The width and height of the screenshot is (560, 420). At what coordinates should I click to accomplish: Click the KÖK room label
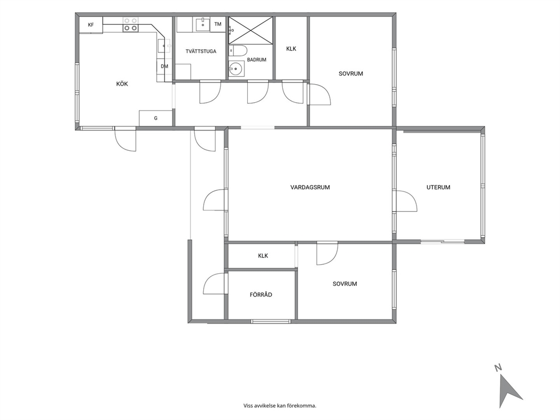(122, 84)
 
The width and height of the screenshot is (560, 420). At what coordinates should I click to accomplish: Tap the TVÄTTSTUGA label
(201, 51)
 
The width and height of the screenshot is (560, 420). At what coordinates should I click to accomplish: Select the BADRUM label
(256, 60)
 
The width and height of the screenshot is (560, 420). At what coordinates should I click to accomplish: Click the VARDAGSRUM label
(310, 187)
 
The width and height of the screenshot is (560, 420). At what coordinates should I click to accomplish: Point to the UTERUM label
(438, 187)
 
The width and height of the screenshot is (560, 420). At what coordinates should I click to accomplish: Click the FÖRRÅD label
(261, 295)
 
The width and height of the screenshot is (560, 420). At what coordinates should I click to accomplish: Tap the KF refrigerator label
(91, 25)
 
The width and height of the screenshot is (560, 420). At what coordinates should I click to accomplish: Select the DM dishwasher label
(164, 67)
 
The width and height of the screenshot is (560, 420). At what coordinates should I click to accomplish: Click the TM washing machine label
(218, 24)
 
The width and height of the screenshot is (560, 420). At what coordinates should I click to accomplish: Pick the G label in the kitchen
(156, 118)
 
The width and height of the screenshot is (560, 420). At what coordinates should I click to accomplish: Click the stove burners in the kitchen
(130, 24)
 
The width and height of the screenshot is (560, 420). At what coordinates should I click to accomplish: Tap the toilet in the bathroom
(237, 51)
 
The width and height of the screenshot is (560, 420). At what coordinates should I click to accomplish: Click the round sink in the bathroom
(235, 68)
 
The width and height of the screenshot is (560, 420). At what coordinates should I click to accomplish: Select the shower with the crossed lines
(251, 30)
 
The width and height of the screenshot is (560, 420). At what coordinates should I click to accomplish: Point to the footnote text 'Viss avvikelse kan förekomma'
(280, 406)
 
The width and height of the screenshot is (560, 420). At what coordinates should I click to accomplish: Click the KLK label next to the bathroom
(291, 49)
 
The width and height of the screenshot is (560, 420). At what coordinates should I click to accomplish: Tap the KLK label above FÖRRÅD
(263, 256)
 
